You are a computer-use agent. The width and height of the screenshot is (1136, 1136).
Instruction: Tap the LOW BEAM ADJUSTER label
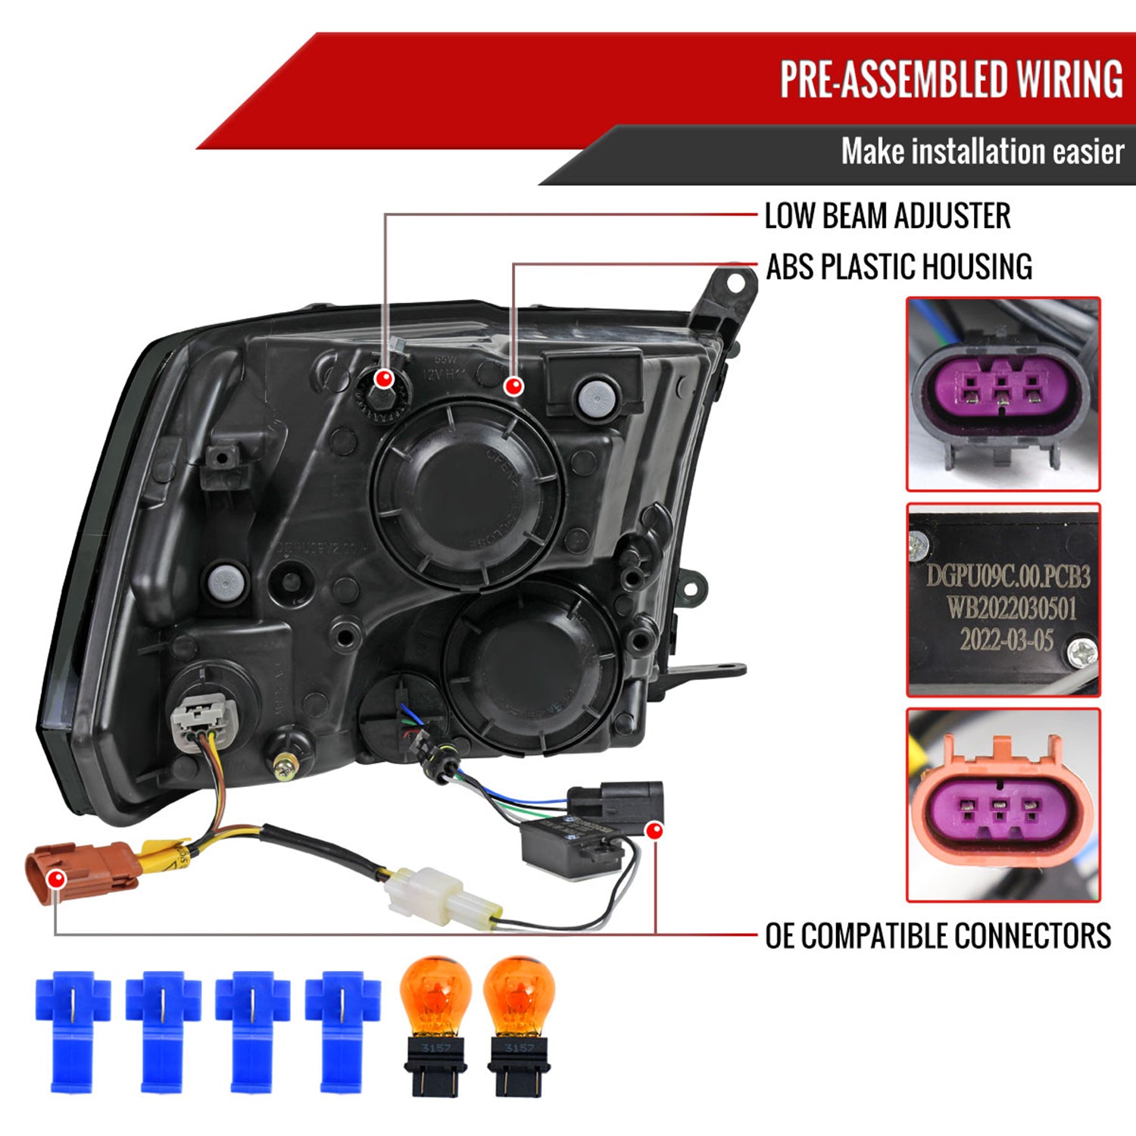887,216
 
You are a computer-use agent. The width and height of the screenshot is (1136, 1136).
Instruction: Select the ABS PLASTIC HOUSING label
898,267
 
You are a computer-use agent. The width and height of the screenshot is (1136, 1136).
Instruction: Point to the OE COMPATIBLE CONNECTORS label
938,936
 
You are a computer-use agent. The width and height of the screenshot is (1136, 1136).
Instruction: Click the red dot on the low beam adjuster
385,379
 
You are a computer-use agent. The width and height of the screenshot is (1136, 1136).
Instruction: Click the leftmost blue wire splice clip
72,1030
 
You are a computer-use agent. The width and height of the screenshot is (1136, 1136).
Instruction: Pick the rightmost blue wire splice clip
342,1030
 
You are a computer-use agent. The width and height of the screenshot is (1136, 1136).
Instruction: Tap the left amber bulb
435,1022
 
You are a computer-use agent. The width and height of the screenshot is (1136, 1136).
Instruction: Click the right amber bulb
520,1022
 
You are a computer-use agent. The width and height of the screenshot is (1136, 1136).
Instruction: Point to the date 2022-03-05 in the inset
1006,641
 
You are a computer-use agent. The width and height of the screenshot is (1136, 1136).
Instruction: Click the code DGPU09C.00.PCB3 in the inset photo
1008,577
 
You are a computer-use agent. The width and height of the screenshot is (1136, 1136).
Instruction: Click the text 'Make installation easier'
982,151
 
